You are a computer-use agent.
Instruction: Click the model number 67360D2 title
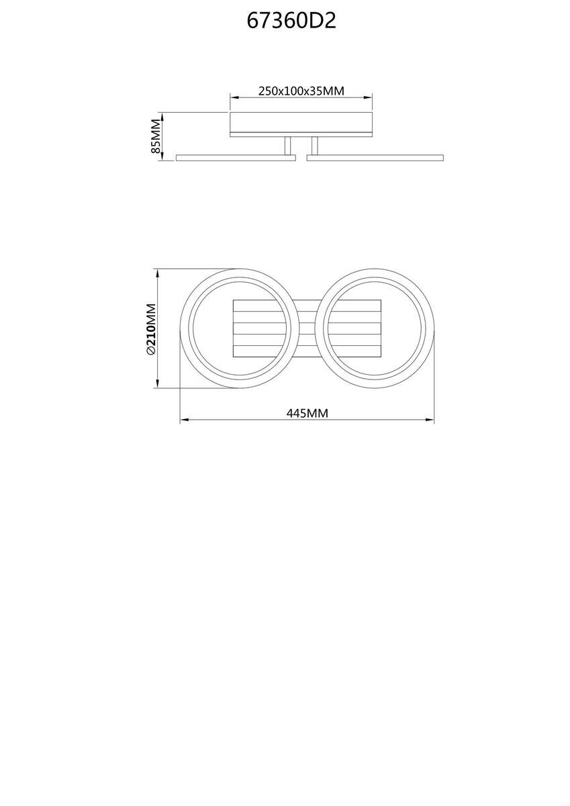coord(291,21)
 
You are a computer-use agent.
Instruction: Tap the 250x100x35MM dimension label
coord(301,91)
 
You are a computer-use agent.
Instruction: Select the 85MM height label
coord(156,136)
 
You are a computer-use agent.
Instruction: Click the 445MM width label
coord(307,414)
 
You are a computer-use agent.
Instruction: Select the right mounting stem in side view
coord(314,146)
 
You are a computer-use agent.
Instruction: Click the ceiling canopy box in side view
coord(301,124)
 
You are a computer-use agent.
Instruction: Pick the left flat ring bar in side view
coord(236,157)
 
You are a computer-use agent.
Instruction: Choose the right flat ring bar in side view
coord(375,157)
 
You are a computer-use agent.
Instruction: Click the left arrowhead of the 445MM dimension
coord(183,421)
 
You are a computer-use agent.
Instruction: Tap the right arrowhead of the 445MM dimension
coord(431,421)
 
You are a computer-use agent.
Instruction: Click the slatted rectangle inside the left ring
coord(262,328)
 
